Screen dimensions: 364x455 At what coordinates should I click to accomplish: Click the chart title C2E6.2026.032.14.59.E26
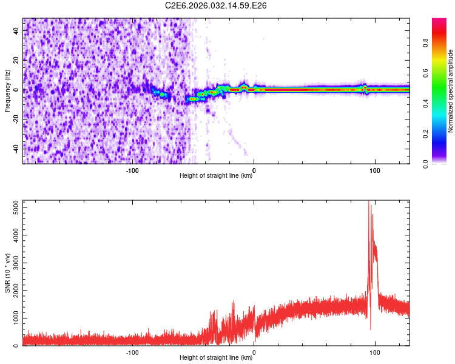tap(217, 5)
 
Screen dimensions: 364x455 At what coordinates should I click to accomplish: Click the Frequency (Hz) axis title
tap(7, 90)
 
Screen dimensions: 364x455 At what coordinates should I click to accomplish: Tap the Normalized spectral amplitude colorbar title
tap(451, 90)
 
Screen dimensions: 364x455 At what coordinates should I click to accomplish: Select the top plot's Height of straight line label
tap(216, 175)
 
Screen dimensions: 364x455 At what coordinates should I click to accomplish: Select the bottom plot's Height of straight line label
tap(216, 357)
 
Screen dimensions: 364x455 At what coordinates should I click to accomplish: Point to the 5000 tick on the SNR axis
tap(12, 208)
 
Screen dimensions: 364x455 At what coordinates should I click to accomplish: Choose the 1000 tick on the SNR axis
tap(12, 318)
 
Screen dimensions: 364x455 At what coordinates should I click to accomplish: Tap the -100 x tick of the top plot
tap(132, 170)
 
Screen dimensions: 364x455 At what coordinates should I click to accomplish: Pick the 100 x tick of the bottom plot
tap(375, 352)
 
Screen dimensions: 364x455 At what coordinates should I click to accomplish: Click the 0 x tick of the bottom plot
tap(254, 352)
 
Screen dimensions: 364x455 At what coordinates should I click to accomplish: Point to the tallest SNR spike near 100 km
tap(369, 203)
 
